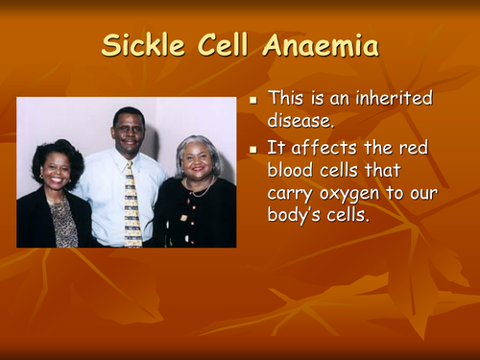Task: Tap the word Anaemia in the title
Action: click(x=324, y=46)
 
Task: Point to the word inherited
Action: click(x=394, y=98)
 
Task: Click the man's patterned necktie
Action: click(x=132, y=202)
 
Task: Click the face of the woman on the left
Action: click(x=56, y=169)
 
